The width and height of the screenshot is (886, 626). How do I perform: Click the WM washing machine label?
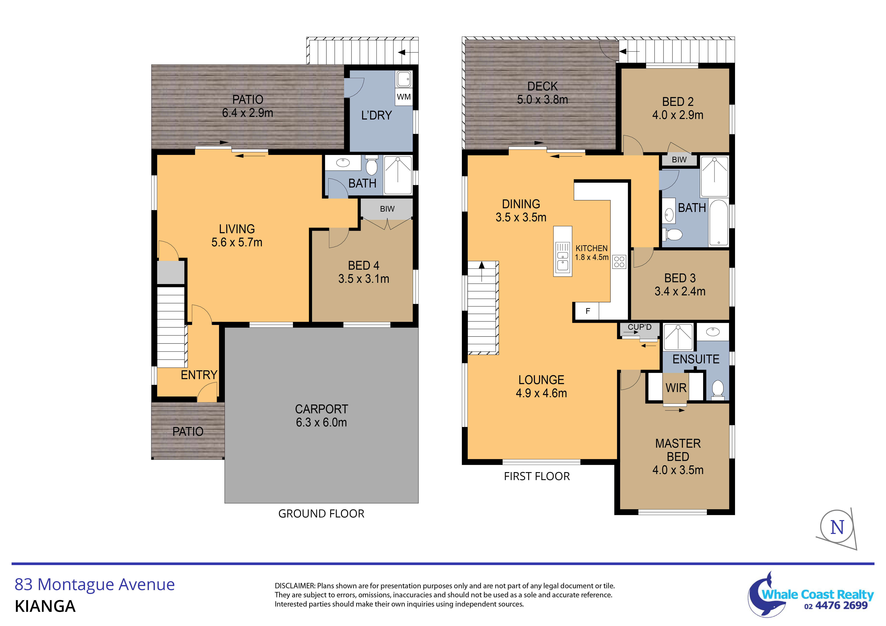[x=404, y=97]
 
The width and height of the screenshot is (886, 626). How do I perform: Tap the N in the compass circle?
[x=837, y=527]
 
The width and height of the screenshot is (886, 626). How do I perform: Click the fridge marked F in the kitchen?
[x=587, y=311]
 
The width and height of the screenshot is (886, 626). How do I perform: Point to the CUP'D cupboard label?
[x=639, y=327]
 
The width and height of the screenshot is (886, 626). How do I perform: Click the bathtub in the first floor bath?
[x=719, y=223]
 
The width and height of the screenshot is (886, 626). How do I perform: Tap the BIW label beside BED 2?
[x=679, y=160]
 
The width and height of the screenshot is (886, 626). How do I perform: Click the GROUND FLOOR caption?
[x=321, y=514]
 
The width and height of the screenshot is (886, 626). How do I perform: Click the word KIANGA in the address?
[x=45, y=606]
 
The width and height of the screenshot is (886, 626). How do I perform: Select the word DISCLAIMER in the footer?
[x=295, y=586]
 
